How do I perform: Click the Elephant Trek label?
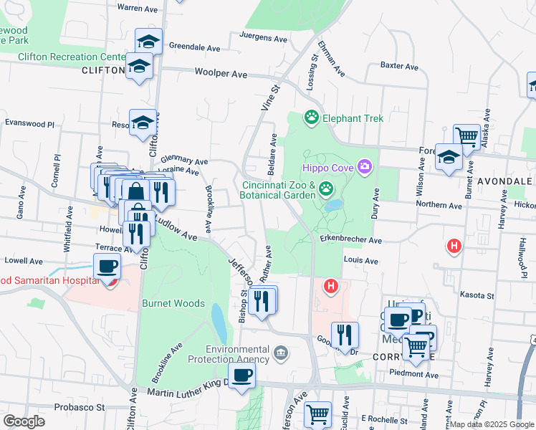pyautogui.click(x=353, y=118)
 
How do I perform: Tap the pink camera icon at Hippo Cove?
pyautogui.click(x=365, y=166)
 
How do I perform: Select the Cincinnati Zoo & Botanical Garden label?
pyautogui.click(x=277, y=189)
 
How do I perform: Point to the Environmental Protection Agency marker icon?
pyautogui.click(x=280, y=352)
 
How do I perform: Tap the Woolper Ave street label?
pyautogui.click(x=221, y=74)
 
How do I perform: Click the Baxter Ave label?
pyautogui.click(x=399, y=66)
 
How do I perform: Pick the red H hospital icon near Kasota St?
pyautogui.click(x=453, y=247)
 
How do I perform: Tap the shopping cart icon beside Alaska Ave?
pyautogui.click(x=466, y=135)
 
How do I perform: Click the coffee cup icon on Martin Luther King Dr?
pyautogui.click(x=241, y=374)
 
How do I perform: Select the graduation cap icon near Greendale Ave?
pyautogui.click(x=147, y=41)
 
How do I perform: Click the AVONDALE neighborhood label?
pyautogui.click(x=508, y=181)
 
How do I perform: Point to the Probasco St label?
pyautogui.click(x=80, y=407)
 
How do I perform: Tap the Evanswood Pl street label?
pyautogui.click(x=29, y=123)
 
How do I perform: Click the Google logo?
pyautogui.click(x=24, y=421)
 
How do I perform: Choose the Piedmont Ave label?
pyautogui.click(x=413, y=374)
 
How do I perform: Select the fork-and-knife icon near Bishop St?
pyautogui.click(x=263, y=300)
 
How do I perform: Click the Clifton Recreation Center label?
pyautogui.click(x=72, y=57)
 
